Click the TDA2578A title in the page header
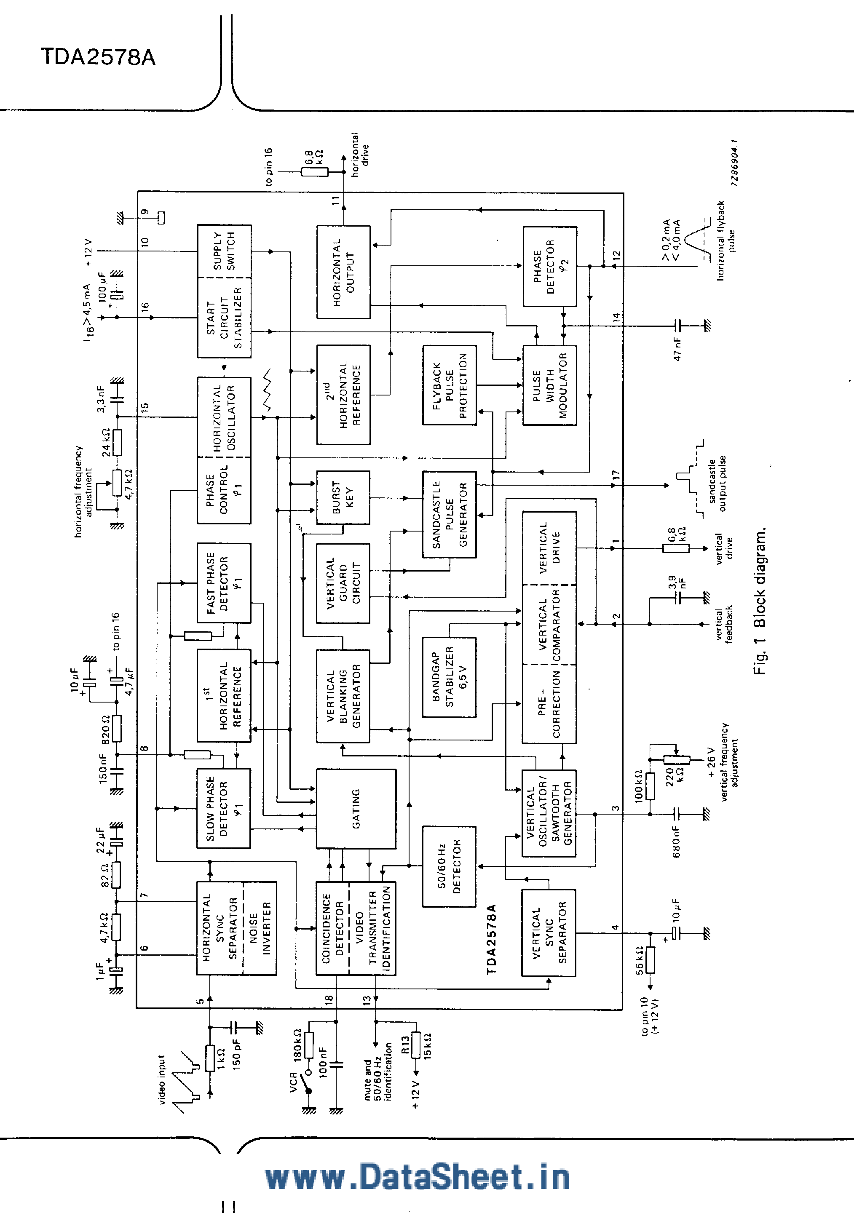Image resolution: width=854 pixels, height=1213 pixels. (98, 57)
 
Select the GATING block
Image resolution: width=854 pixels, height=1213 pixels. (356, 808)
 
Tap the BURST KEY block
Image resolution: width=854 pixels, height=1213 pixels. (343, 497)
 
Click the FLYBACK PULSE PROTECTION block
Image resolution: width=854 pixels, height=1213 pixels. (449, 385)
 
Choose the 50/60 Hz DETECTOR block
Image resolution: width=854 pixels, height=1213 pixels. (449, 866)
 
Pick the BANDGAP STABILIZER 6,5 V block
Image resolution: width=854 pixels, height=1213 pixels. (449, 677)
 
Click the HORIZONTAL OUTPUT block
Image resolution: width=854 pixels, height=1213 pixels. (343, 272)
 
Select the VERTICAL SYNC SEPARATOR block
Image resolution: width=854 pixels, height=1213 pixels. (549, 933)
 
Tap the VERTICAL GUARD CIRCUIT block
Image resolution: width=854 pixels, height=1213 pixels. (343, 583)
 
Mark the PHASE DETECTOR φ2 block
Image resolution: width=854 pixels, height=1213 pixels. (550, 266)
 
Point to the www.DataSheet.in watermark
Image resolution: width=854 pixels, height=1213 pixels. (418, 1177)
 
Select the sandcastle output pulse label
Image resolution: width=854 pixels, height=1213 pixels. (717, 484)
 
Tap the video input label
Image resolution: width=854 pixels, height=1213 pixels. (162, 1080)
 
